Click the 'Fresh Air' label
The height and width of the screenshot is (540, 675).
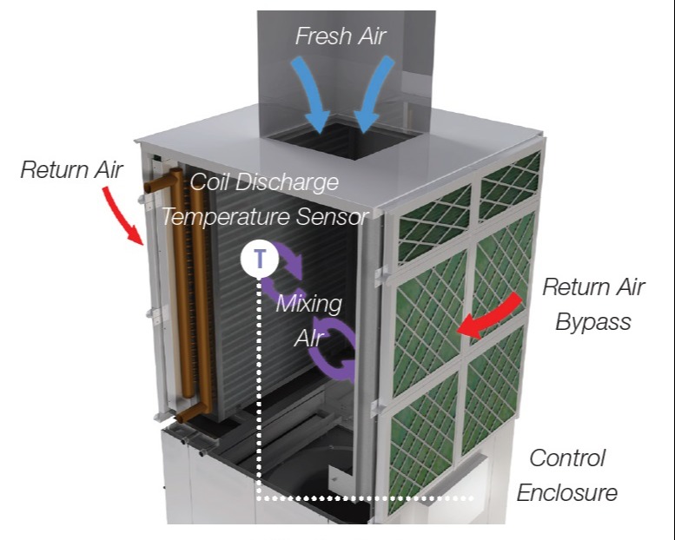coord(340,36)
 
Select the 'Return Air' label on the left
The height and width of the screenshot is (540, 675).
coord(71,169)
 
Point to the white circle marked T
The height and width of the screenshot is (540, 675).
coord(261,258)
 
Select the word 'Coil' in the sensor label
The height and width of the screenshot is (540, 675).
coord(211,183)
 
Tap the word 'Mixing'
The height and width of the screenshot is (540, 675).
coord(308,305)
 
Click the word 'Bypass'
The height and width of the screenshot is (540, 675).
coord(593,322)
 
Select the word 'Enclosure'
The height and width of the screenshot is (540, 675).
coord(566,493)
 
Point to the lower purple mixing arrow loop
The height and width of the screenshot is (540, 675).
coord(334,356)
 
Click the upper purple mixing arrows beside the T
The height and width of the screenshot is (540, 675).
coord(287,269)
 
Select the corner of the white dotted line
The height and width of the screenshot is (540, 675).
coord(260,498)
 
